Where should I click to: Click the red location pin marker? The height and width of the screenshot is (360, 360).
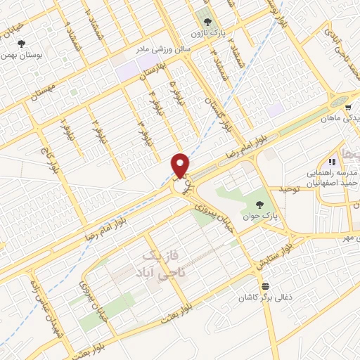180,165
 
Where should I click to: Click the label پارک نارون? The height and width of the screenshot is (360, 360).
207,32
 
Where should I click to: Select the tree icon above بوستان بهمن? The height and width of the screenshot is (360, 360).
25,41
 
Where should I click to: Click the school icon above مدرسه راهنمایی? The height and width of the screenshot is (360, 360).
331,162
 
